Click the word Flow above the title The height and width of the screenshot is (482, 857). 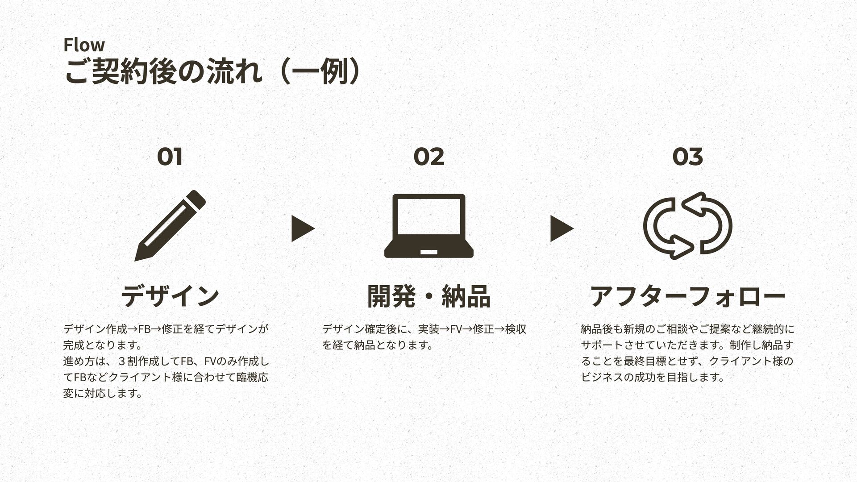(x=84, y=45)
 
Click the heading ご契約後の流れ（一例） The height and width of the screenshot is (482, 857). (x=212, y=71)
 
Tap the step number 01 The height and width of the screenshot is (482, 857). (x=170, y=157)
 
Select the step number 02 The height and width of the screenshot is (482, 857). (x=428, y=157)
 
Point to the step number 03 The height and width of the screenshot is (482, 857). (x=687, y=157)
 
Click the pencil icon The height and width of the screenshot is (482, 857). (x=170, y=225)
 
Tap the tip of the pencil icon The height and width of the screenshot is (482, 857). (x=137, y=258)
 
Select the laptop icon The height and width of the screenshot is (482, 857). (x=428, y=225)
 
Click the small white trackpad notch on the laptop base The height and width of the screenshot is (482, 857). (x=428, y=252)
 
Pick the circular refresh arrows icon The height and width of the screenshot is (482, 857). (x=687, y=225)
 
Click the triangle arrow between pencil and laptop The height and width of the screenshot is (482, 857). (x=302, y=229)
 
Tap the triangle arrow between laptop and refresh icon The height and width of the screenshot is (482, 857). (x=561, y=229)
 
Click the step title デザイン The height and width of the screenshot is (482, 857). (x=170, y=296)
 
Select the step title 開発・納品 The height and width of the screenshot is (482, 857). (x=428, y=296)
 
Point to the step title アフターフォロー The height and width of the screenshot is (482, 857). (x=687, y=296)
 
